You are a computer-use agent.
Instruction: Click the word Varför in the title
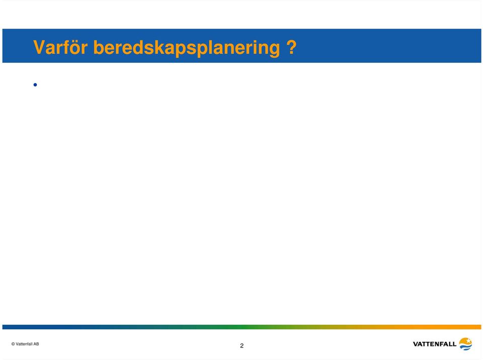coord(60,47)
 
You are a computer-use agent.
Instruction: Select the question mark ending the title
coord(291,47)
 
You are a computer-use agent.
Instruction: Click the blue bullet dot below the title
coord(35,84)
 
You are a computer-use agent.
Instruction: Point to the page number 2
coord(242,346)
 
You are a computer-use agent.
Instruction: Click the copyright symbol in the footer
coord(13,344)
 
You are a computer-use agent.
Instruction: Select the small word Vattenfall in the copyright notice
coord(24,344)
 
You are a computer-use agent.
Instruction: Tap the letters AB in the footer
coord(36,344)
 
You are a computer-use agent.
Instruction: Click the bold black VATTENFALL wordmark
coord(434,344)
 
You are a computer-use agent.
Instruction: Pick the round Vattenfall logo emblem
coord(465,344)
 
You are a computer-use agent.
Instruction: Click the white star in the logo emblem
coord(468,341)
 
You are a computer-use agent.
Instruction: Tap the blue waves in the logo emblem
coord(466,347)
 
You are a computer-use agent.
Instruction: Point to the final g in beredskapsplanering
coord(274,50)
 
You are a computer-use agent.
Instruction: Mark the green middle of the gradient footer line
coord(242,327)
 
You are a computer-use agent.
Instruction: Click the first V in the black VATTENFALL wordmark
coord(416,344)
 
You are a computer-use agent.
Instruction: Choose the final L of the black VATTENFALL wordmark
coord(454,344)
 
